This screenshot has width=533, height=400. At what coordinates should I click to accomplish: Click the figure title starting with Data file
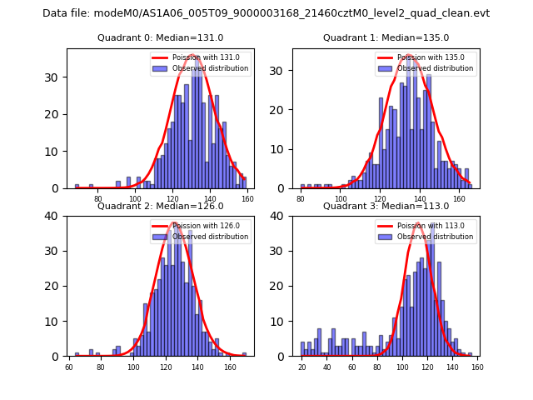click(x=266, y=13)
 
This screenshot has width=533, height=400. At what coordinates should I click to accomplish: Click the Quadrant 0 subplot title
click(x=160, y=37)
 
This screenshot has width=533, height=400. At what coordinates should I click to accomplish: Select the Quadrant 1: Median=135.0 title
click(x=386, y=37)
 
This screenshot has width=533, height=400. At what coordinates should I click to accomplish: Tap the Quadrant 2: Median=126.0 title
click(x=160, y=206)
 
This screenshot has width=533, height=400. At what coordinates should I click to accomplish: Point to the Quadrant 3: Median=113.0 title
click(x=386, y=206)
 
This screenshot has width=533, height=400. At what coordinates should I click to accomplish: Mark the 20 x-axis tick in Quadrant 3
click(x=301, y=367)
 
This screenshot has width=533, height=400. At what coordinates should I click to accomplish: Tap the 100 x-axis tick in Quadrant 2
click(x=133, y=367)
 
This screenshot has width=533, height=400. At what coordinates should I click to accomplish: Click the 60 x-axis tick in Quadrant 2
click(x=69, y=367)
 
